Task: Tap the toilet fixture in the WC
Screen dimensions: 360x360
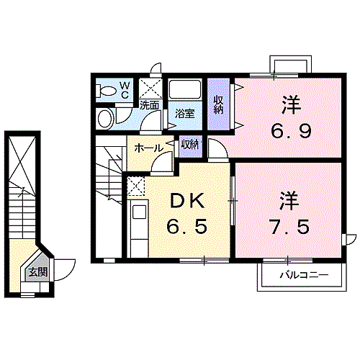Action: [x=107, y=91]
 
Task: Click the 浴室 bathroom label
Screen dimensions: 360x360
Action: [x=184, y=114]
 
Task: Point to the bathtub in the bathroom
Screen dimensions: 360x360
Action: [x=184, y=91]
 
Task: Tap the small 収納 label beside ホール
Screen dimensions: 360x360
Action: [x=190, y=144]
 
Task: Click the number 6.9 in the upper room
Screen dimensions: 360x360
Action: [x=291, y=132]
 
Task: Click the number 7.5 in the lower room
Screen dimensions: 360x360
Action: [x=291, y=225]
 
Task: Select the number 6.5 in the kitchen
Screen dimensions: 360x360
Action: [x=189, y=227]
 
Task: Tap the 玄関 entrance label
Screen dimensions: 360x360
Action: [x=37, y=272]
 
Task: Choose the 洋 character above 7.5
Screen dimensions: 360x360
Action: [x=290, y=199]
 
